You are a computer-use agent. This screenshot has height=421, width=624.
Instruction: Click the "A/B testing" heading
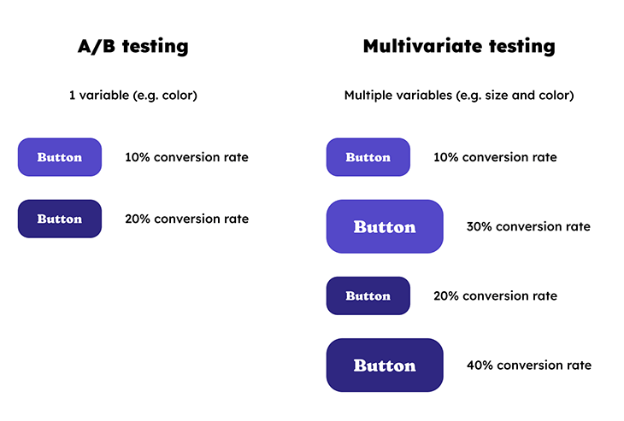pyautogui.click(x=132, y=46)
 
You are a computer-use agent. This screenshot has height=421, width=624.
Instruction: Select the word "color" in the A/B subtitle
pyautogui.click(x=177, y=96)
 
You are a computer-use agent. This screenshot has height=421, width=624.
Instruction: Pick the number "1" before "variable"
pyautogui.click(x=72, y=96)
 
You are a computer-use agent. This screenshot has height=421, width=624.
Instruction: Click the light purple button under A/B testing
pyautogui.click(x=60, y=157)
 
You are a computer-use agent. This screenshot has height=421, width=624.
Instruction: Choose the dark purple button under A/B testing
pyautogui.click(x=60, y=219)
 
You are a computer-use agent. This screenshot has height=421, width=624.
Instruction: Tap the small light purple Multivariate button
pyautogui.click(x=368, y=157)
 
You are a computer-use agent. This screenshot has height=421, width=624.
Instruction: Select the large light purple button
pyautogui.click(x=385, y=226)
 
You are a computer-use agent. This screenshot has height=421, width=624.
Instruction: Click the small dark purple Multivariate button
pyautogui.click(x=368, y=295)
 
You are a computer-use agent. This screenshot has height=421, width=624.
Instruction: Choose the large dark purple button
pyautogui.click(x=385, y=365)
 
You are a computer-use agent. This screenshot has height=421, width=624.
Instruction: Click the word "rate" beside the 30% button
pyautogui.click(x=575, y=227)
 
